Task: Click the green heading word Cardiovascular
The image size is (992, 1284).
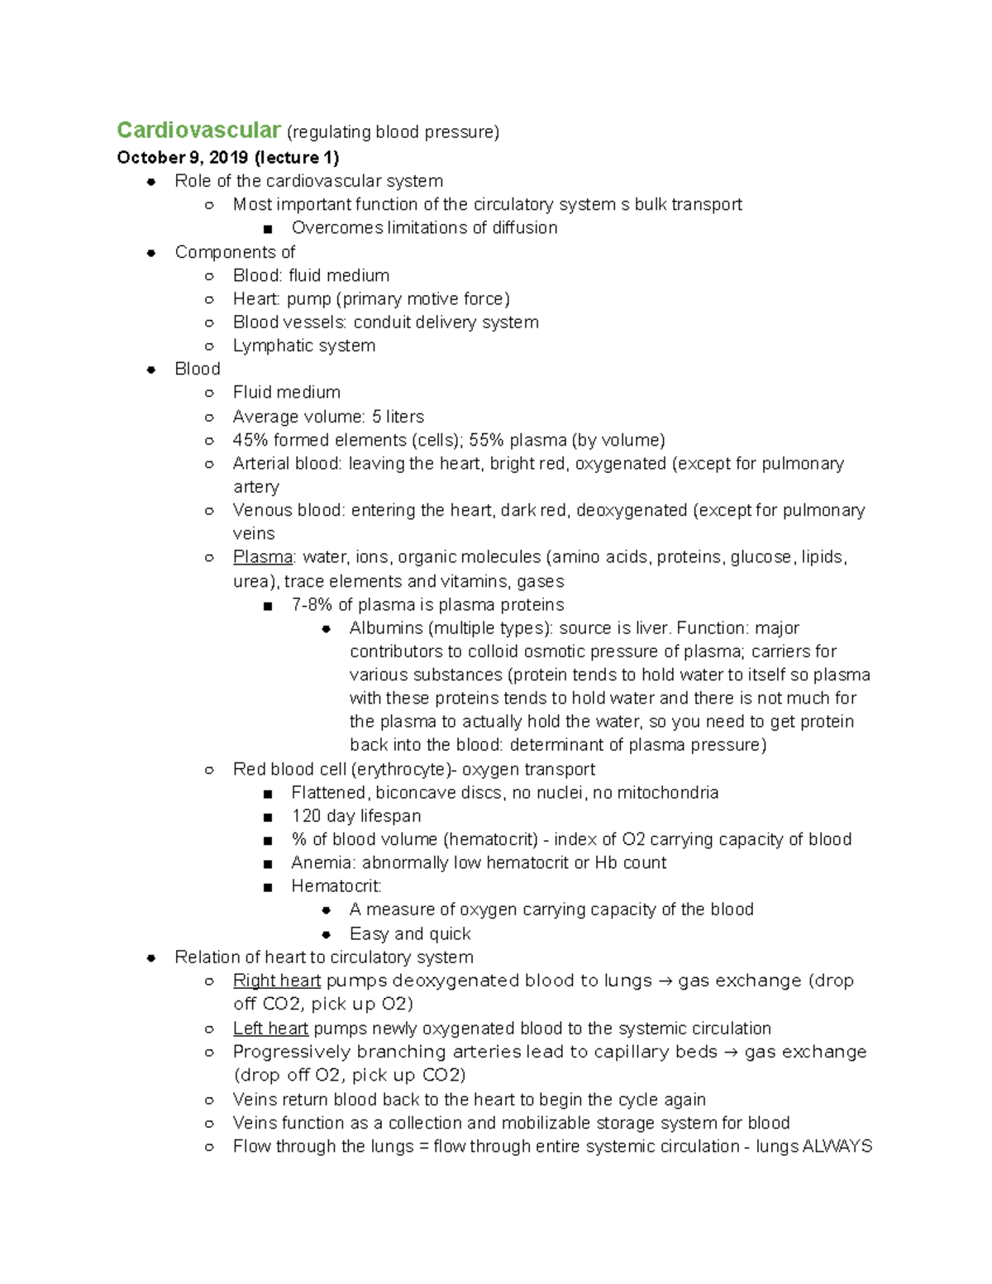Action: click(198, 131)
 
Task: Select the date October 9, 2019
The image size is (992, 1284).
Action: click(182, 157)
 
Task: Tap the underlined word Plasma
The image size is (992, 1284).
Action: click(263, 557)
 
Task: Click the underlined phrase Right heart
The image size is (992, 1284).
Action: click(276, 981)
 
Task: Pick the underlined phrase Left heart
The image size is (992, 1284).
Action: click(270, 1029)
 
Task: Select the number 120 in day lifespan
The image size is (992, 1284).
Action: click(306, 816)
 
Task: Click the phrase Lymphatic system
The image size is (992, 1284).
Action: click(303, 346)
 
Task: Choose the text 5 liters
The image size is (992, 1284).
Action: click(398, 417)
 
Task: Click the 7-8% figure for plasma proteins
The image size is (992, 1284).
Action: click(312, 604)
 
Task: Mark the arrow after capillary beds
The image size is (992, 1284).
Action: click(731, 1052)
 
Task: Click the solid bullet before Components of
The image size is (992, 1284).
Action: click(151, 253)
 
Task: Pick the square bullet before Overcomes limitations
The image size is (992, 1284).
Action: click(267, 228)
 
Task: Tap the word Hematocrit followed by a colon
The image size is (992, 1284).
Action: click(336, 886)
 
